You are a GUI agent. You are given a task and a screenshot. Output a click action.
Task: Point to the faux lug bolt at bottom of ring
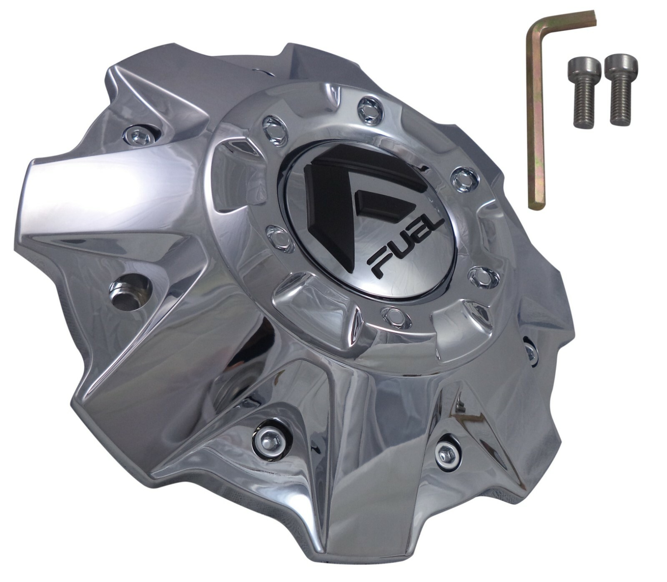[394, 317]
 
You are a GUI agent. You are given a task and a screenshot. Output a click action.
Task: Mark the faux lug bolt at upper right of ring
[462, 178]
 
